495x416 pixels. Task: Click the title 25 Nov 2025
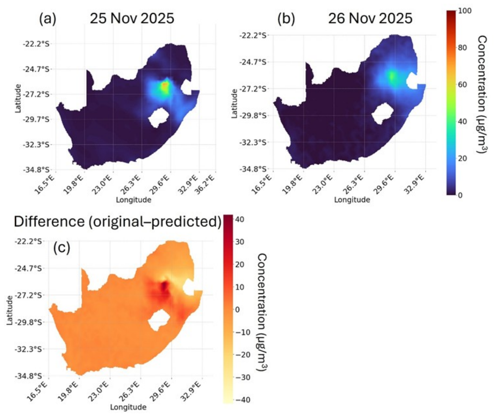click(132, 18)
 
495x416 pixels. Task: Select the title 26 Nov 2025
click(370, 18)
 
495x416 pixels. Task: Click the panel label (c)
click(62, 248)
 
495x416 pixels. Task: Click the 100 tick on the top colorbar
click(465, 11)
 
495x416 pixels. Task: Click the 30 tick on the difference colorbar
click(240, 242)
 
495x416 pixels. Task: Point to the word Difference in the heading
click(49, 222)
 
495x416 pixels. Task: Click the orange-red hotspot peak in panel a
click(165, 86)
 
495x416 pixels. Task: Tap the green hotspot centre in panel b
click(392, 77)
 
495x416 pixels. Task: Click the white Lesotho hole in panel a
click(159, 117)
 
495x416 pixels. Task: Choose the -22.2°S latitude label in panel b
click(253, 35)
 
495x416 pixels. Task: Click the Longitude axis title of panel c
click(128, 407)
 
